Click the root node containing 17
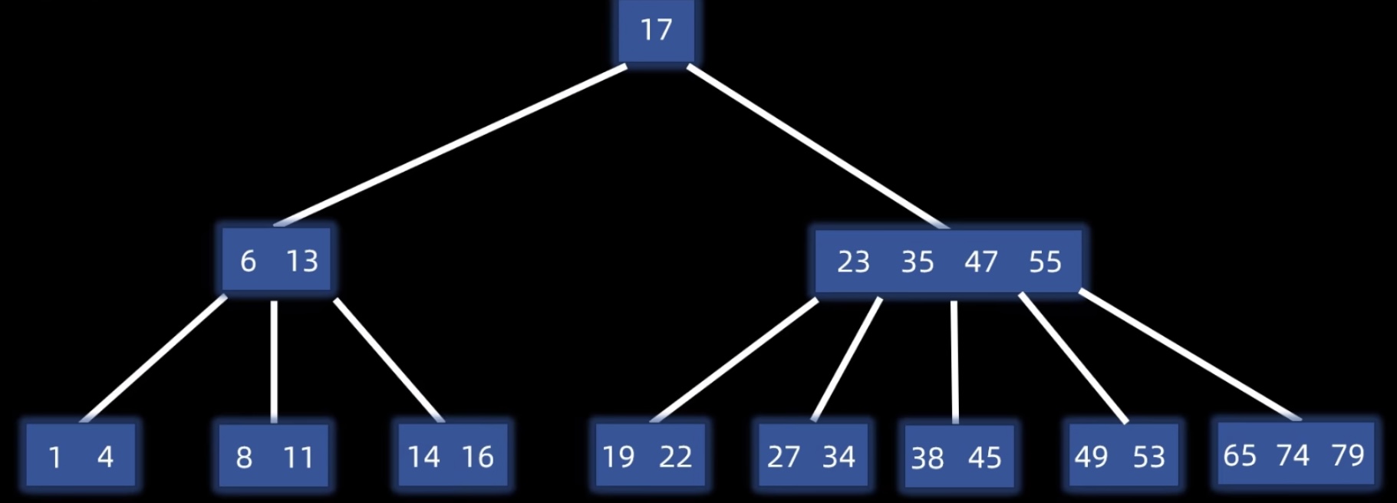tap(656, 31)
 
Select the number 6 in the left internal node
tap(248, 261)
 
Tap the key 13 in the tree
tap(302, 261)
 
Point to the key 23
tap(853, 262)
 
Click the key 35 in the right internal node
tap(918, 262)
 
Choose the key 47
tap(981, 262)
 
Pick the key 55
tap(1045, 262)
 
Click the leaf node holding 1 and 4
tap(81, 456)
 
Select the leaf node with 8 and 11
tap(274, 456)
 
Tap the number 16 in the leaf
tap(477, 457)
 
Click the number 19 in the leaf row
tap(618, 457)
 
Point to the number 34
tap(839, 457)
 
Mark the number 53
tap(1148, 457)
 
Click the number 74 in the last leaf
tap(1293, 455)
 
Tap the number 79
tap(1348, 455)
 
